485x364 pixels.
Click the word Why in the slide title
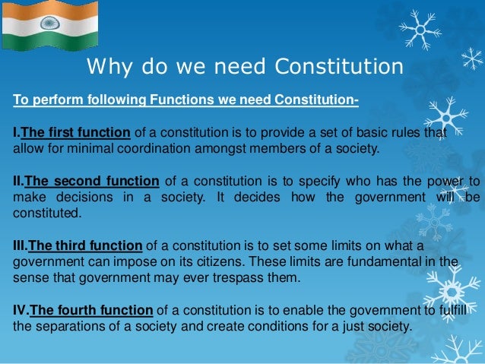(x=107, y=68)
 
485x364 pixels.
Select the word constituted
(x=43, y=213)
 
